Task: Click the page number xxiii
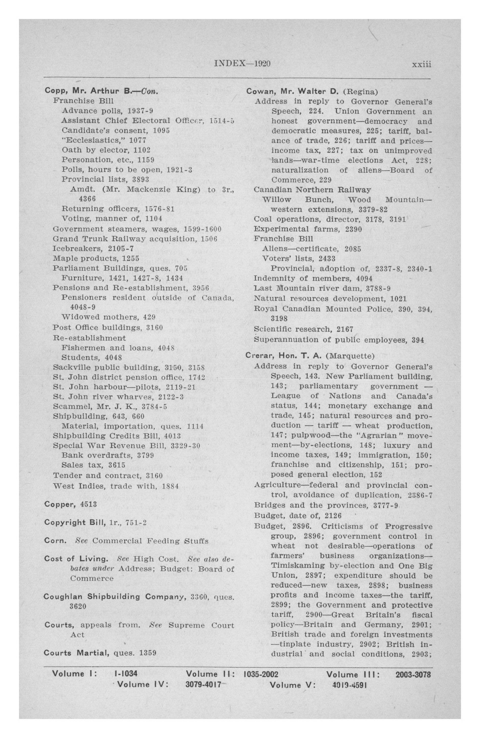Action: point(421,64)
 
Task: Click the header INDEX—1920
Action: point(242,63)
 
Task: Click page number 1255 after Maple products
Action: point(131,258)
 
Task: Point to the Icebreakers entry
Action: point(93,248)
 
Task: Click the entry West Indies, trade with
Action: point(116,486)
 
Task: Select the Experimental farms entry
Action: point(307,229)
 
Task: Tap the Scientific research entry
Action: point(303,329)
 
